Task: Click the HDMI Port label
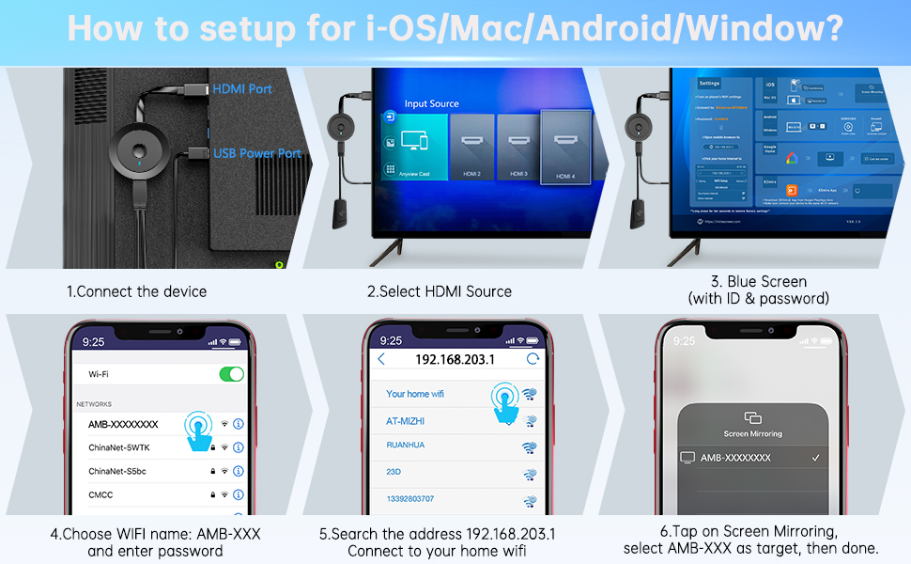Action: [x=242, y=88]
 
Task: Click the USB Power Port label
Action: [x=257, y=153]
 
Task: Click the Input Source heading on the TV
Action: [x=431, y=103]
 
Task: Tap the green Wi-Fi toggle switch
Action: [x=231, y=374]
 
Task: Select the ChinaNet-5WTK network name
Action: [x=119, y=447]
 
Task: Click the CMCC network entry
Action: [x=101, y=494]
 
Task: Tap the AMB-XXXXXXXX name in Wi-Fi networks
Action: [x=123, y=424]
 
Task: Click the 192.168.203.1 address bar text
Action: [x=455, y=360]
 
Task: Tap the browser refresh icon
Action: [x=533, y=359]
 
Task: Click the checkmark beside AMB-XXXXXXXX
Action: [x=815, y=458]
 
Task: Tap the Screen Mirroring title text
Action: [x=752, y=434]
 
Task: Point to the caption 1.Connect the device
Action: [x=136, y=291]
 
